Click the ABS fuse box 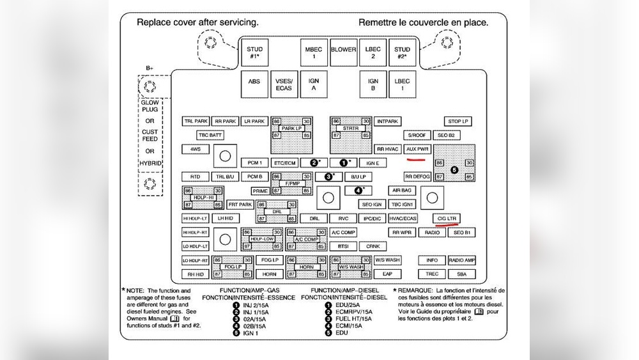pos(254,85)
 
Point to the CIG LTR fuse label pos(445,218)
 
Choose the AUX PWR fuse pos(418,149)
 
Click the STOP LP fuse pos(458,121)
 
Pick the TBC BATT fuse pos(210,135)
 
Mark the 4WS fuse pos(195,149)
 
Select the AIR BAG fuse pos(403,191)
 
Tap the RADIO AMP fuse pos(461,260)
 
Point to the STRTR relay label pos(350,129)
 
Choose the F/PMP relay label pos(292,184)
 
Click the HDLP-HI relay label pos(203,198)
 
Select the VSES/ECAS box pos(284,85)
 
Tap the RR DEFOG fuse pos(417,176)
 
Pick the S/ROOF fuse pos(417,136)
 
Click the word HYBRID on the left pos(150,163)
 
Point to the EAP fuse pos(387,274)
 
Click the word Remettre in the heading pos(381,22)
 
